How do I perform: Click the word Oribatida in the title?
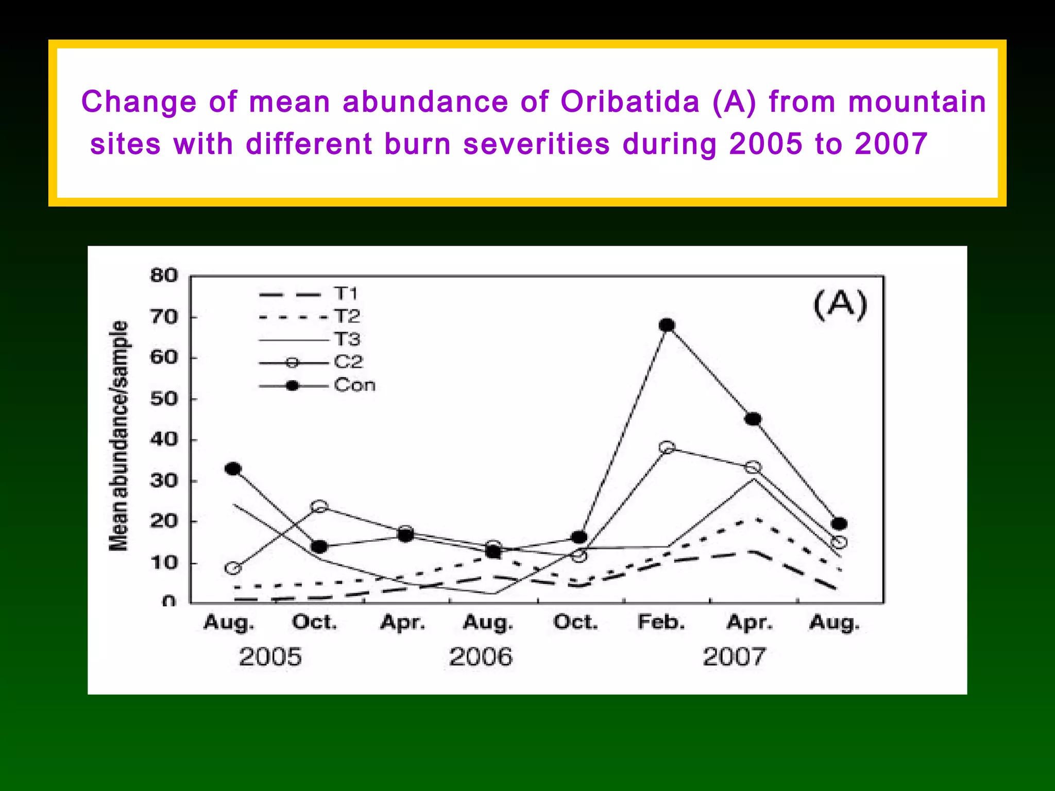[x=630, y=101]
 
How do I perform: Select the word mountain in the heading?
[x=917, y=101]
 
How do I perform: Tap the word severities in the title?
[x=536, y=144]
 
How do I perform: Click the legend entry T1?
[x=346, y=294]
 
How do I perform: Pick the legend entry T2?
[x=347, y=316]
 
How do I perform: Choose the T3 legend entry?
[x=347, y=339]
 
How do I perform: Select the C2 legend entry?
[x=349, y=362]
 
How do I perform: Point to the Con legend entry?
[x=354, y=385]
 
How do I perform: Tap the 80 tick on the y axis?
[x=164, y=276]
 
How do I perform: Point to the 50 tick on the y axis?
[x=164, y=399]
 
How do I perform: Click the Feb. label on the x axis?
[x=661, y=622]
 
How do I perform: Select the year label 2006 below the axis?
[x=481, y=657]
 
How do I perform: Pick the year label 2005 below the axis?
[x=270, y=657]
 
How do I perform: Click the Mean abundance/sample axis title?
[x=118, y=436]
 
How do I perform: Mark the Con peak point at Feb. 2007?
[x=667, y=325]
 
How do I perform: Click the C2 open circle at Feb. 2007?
[x=667, y=447]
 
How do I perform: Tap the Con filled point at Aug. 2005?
[x=233, y=469]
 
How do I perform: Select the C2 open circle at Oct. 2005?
[x=319, y=506]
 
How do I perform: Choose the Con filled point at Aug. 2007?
[x=839, y=524]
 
